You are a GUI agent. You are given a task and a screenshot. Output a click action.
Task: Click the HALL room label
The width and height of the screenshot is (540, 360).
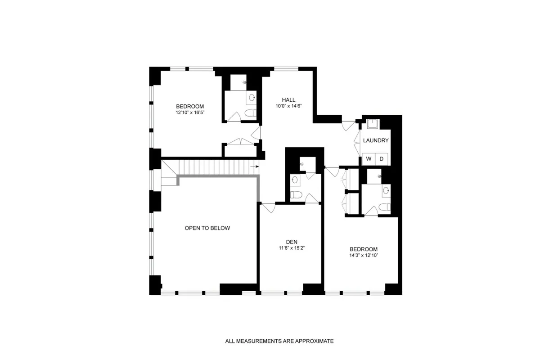click(288, 100)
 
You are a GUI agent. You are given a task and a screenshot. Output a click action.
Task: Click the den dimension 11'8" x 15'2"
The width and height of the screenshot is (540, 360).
click(291, 248)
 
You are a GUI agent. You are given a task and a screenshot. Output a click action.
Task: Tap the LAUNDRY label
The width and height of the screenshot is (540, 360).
click(376, 140)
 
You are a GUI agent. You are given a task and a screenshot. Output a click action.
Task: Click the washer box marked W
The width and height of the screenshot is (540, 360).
click(369, 159)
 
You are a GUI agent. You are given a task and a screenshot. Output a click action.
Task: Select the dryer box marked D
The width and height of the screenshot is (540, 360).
click(381, 159)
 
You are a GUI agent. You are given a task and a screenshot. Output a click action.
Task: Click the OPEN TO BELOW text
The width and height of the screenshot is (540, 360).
click(207, 228)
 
